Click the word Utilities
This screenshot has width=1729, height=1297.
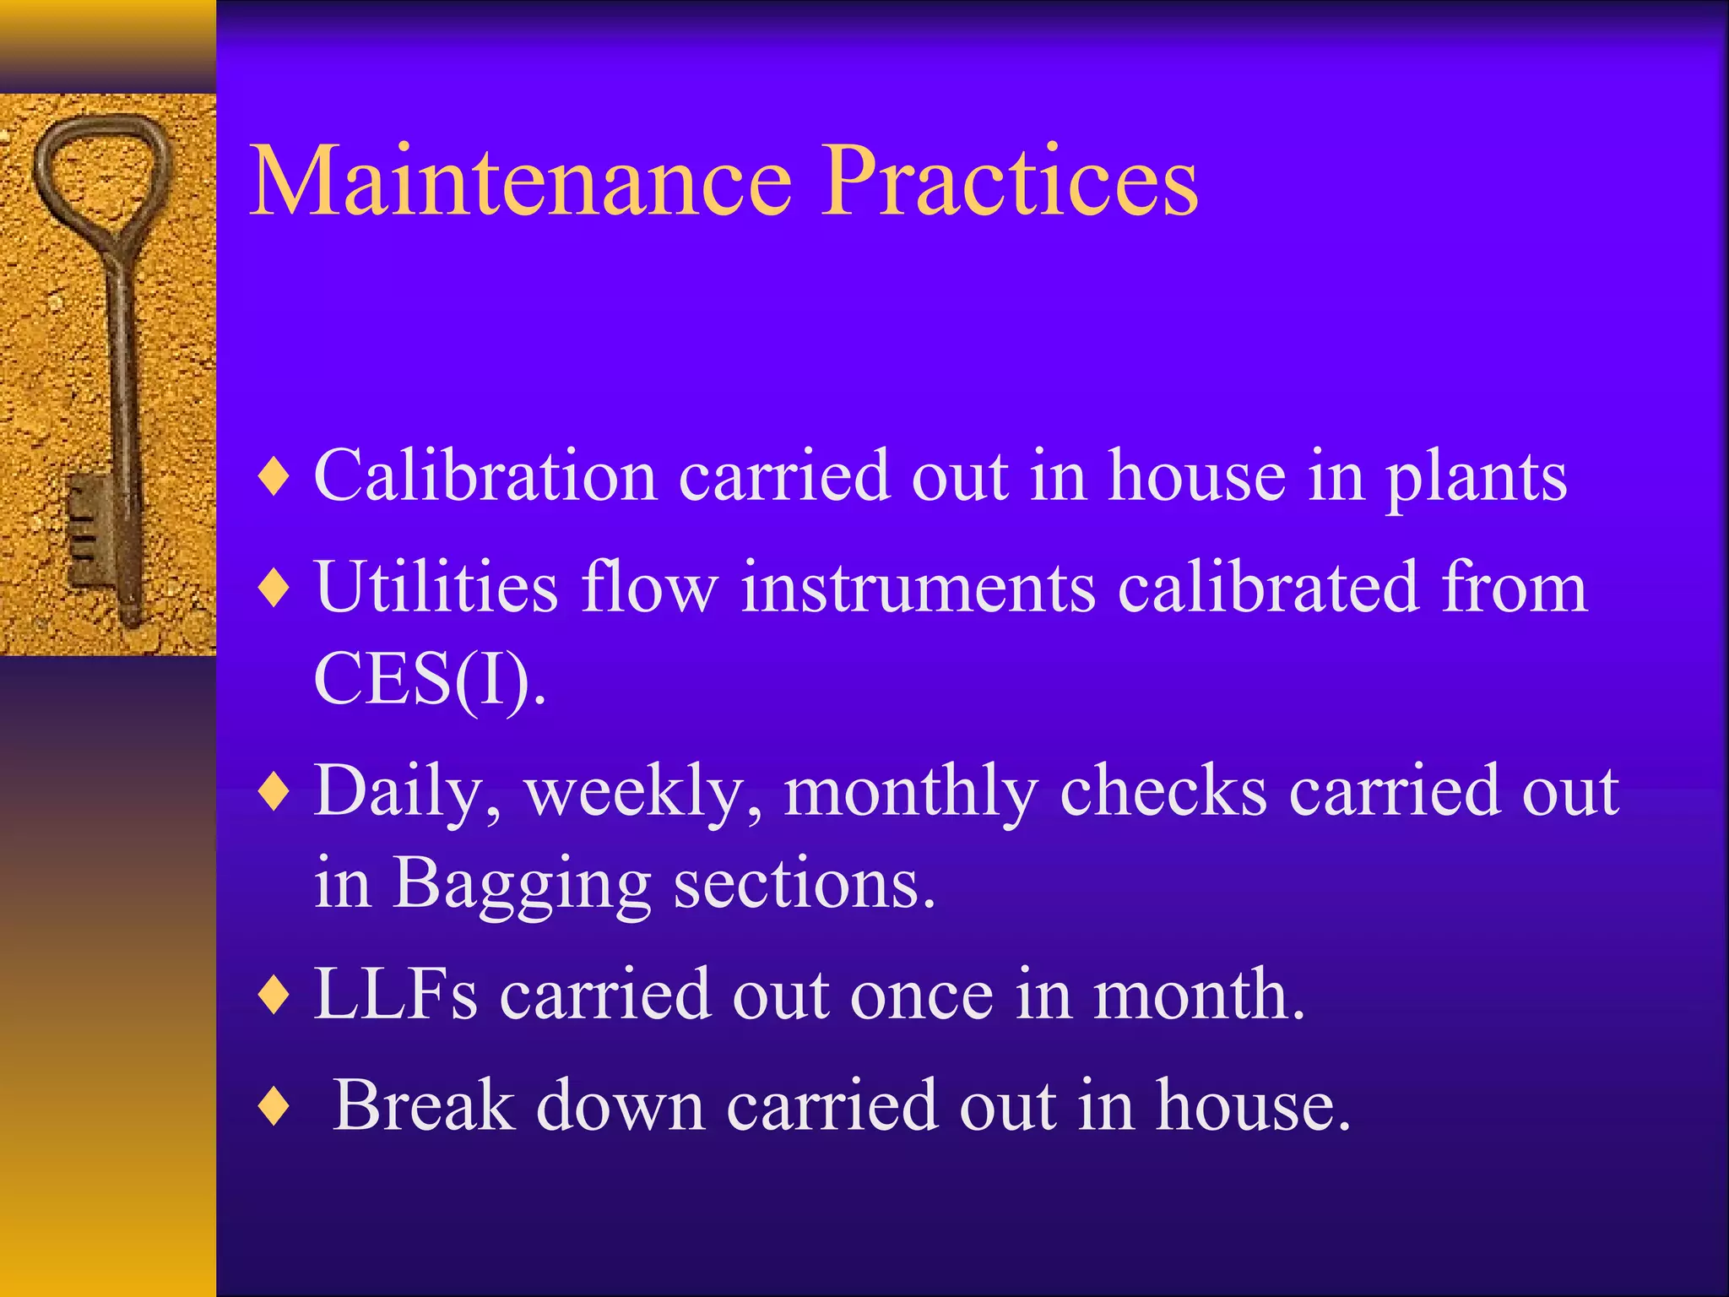(436, 587)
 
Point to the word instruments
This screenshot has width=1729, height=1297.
(918, 587)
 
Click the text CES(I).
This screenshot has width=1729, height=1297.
(429, 680)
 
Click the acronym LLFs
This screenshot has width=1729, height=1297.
(395, 995)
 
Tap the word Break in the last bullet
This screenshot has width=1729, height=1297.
(423, 1106)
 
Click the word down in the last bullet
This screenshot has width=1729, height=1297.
(621, 1106)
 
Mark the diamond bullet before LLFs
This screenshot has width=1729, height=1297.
(275, 996)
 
